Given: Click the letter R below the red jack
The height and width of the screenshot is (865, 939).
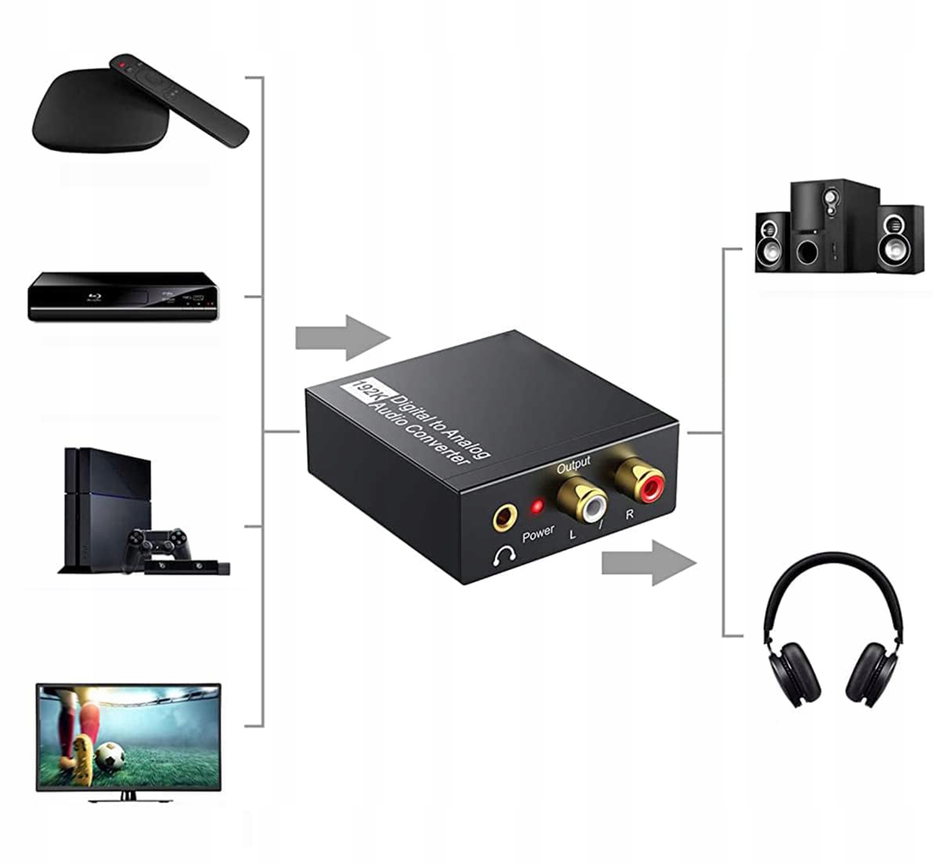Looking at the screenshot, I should pos(629,514).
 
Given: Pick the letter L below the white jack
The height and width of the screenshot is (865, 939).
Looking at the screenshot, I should pos(572,534).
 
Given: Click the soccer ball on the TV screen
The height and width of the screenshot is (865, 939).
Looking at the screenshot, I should pos(110,756).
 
